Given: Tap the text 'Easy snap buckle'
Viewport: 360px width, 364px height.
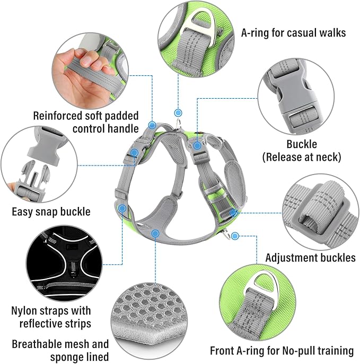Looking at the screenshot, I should (51, 212).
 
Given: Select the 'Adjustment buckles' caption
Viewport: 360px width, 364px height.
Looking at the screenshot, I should (310, 257).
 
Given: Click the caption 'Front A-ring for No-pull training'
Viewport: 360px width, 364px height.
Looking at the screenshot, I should (282, 350).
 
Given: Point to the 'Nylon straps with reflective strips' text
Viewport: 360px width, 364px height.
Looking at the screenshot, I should (51, 317).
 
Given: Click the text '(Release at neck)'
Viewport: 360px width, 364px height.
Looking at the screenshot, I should (302, 157).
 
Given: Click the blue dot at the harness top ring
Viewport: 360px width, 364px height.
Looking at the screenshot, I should (178, 112).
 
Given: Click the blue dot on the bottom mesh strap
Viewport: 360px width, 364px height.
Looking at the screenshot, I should (155, 233).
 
